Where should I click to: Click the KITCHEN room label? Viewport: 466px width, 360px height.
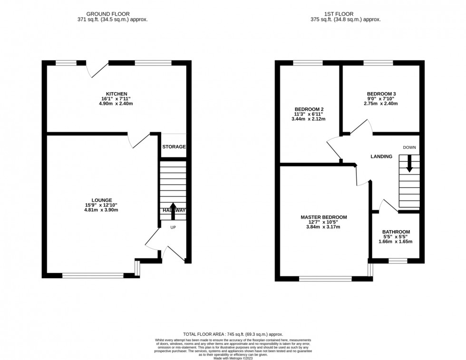[116, 94]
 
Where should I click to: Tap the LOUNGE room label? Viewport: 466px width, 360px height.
[102, 200]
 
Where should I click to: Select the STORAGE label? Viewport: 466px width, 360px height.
[174, 147]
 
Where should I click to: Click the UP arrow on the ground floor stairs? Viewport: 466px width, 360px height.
[173, 211]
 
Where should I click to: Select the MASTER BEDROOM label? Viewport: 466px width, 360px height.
[323, 217]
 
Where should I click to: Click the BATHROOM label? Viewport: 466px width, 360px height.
[396, 232]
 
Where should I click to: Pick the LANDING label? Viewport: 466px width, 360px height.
[381, 156]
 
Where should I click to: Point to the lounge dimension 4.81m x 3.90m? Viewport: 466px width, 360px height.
[102, 210]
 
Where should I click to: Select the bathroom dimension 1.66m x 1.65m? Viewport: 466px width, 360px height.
[396, 242]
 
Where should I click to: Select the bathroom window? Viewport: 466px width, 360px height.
[398, 261]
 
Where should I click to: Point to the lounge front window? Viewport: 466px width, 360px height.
[93, 275]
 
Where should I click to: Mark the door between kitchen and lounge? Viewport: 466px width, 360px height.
[138, 140]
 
